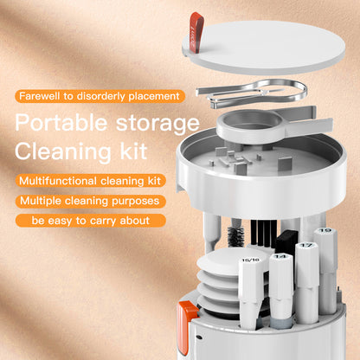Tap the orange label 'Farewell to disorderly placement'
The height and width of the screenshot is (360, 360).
(98, 95)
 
